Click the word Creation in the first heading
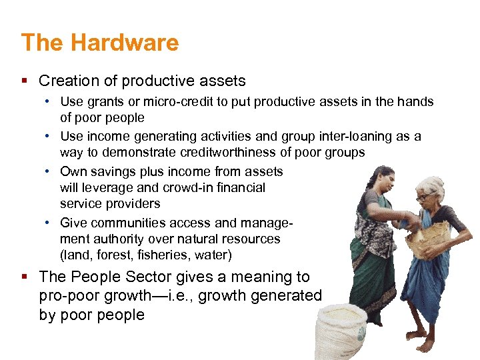point(65,81)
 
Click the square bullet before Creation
point(25,81)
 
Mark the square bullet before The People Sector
point(25,277)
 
